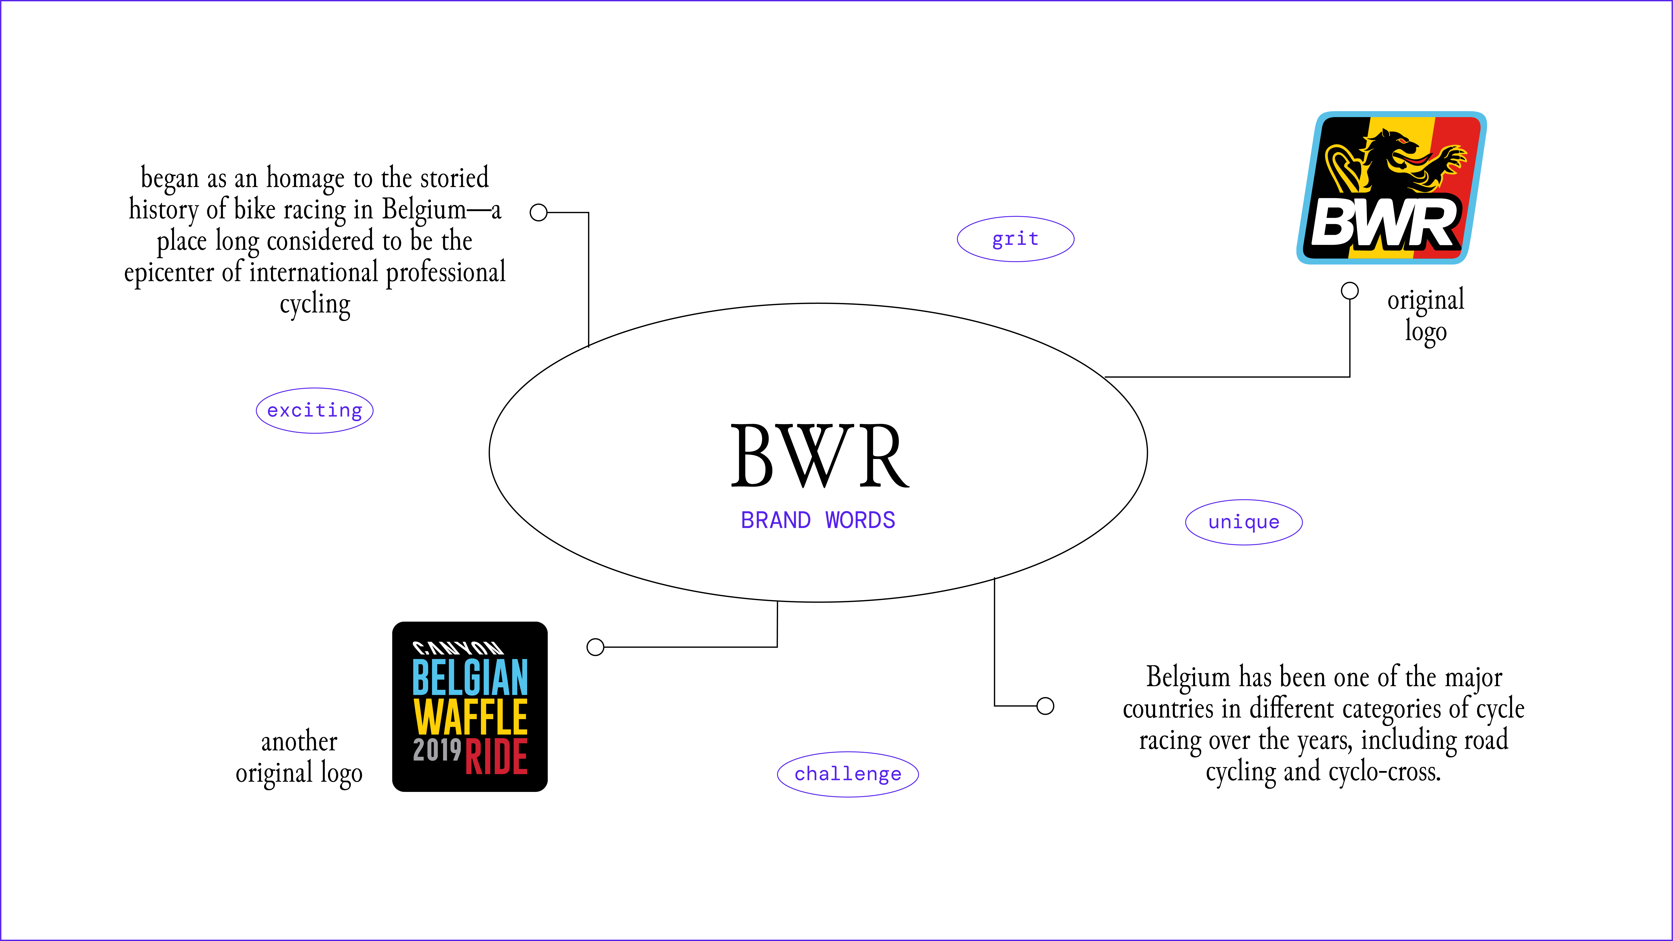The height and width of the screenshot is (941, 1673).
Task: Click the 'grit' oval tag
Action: [x=1015, y=239]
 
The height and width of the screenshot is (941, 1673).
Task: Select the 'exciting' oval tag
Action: [x=314, y=410]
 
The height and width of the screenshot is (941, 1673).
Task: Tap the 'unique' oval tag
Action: [x=1244, y=522]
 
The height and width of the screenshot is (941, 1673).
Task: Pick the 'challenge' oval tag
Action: [x=847, y=774]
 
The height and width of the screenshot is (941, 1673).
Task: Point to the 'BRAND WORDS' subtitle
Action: [x=818, y=520]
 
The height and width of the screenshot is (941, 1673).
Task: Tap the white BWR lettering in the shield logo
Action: [x=1383, y=224]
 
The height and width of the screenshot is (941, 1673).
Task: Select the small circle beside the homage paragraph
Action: [x=538, y=212]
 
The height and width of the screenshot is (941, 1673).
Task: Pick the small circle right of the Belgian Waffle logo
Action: [x=595, y=647]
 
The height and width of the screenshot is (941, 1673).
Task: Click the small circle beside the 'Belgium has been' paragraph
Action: [x=1045, y=706]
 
